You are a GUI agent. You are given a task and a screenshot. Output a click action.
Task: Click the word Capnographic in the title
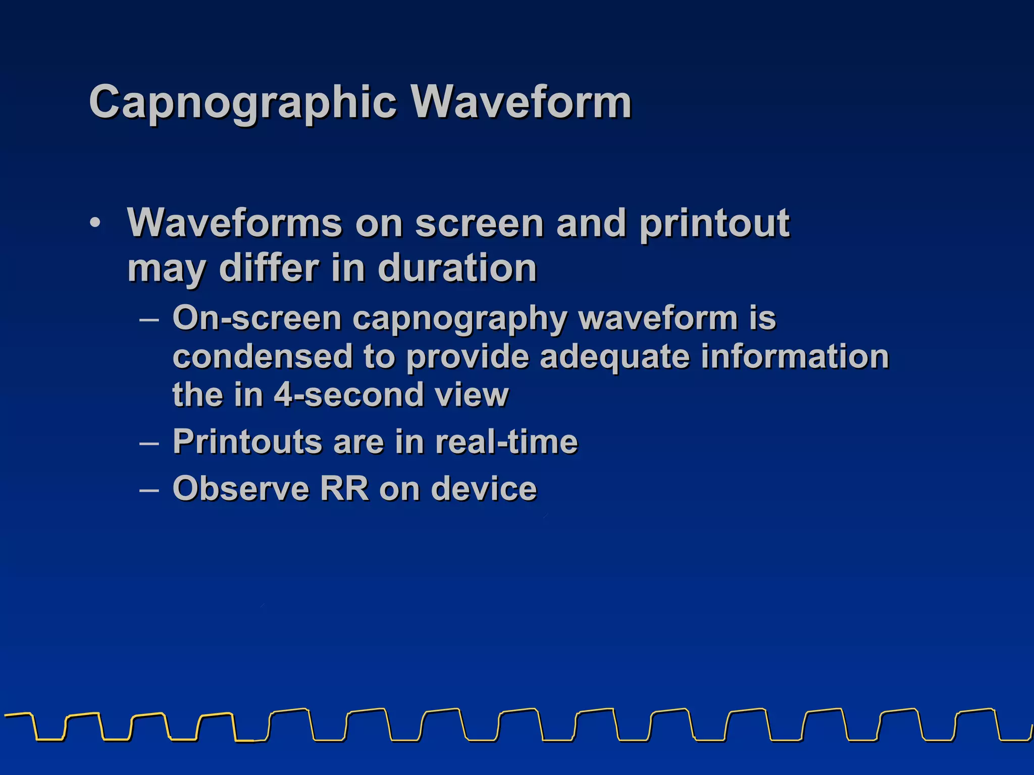[x=242, y=102]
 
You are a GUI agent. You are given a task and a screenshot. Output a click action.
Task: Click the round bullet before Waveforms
[x=95, y=223]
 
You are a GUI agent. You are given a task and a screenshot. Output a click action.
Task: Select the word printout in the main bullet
[x=714, y=224]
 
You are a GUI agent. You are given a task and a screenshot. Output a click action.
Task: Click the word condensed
[x=263, y=357]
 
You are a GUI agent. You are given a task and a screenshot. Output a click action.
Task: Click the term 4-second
[x=348, y=395]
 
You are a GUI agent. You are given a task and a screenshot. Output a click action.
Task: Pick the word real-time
[x=506, y=442]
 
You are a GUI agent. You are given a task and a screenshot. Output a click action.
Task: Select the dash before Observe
[x=149, y=490]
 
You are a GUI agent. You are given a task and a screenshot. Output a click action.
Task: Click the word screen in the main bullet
[x=479, y=224]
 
